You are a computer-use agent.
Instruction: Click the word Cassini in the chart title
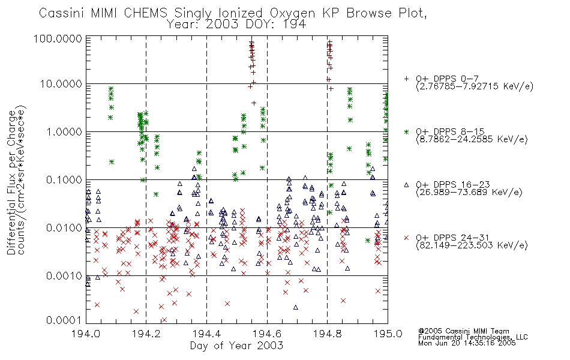(x=61, y=13)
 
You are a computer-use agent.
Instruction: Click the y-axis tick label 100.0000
(x=58, y=38)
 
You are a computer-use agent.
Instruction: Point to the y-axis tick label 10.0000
(x=61, y=84)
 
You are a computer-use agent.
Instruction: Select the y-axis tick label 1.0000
(x=64, y=131)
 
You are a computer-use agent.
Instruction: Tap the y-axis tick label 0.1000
(x=64, y=179)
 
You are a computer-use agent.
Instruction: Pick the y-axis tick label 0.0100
(x=64, y=227)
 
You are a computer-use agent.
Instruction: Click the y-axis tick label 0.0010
(x=64, y=275)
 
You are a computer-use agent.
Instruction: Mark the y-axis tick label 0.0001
(x=64, y=320)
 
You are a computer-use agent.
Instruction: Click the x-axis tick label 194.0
(x=86, y=334)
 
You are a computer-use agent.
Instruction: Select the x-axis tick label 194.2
(x=146, y=334)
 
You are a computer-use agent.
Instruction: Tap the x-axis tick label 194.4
(x=206, y=334)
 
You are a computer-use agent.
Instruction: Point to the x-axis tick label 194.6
(x=267, y=334)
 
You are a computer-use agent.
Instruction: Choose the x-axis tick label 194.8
(x=327, y=334)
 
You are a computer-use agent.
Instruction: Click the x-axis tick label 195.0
(x=388, y=334)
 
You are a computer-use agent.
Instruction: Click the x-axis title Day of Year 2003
(x=236, y=346)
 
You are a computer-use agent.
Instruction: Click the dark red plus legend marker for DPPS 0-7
(x=406, y=78)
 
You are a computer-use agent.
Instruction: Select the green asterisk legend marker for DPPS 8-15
(x=406, y=131)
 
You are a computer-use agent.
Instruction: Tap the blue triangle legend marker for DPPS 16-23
(x=406, y=185)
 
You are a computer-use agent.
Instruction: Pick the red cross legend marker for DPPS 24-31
(x=406, y=238)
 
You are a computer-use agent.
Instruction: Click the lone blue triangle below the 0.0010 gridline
(x=296, y=307)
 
